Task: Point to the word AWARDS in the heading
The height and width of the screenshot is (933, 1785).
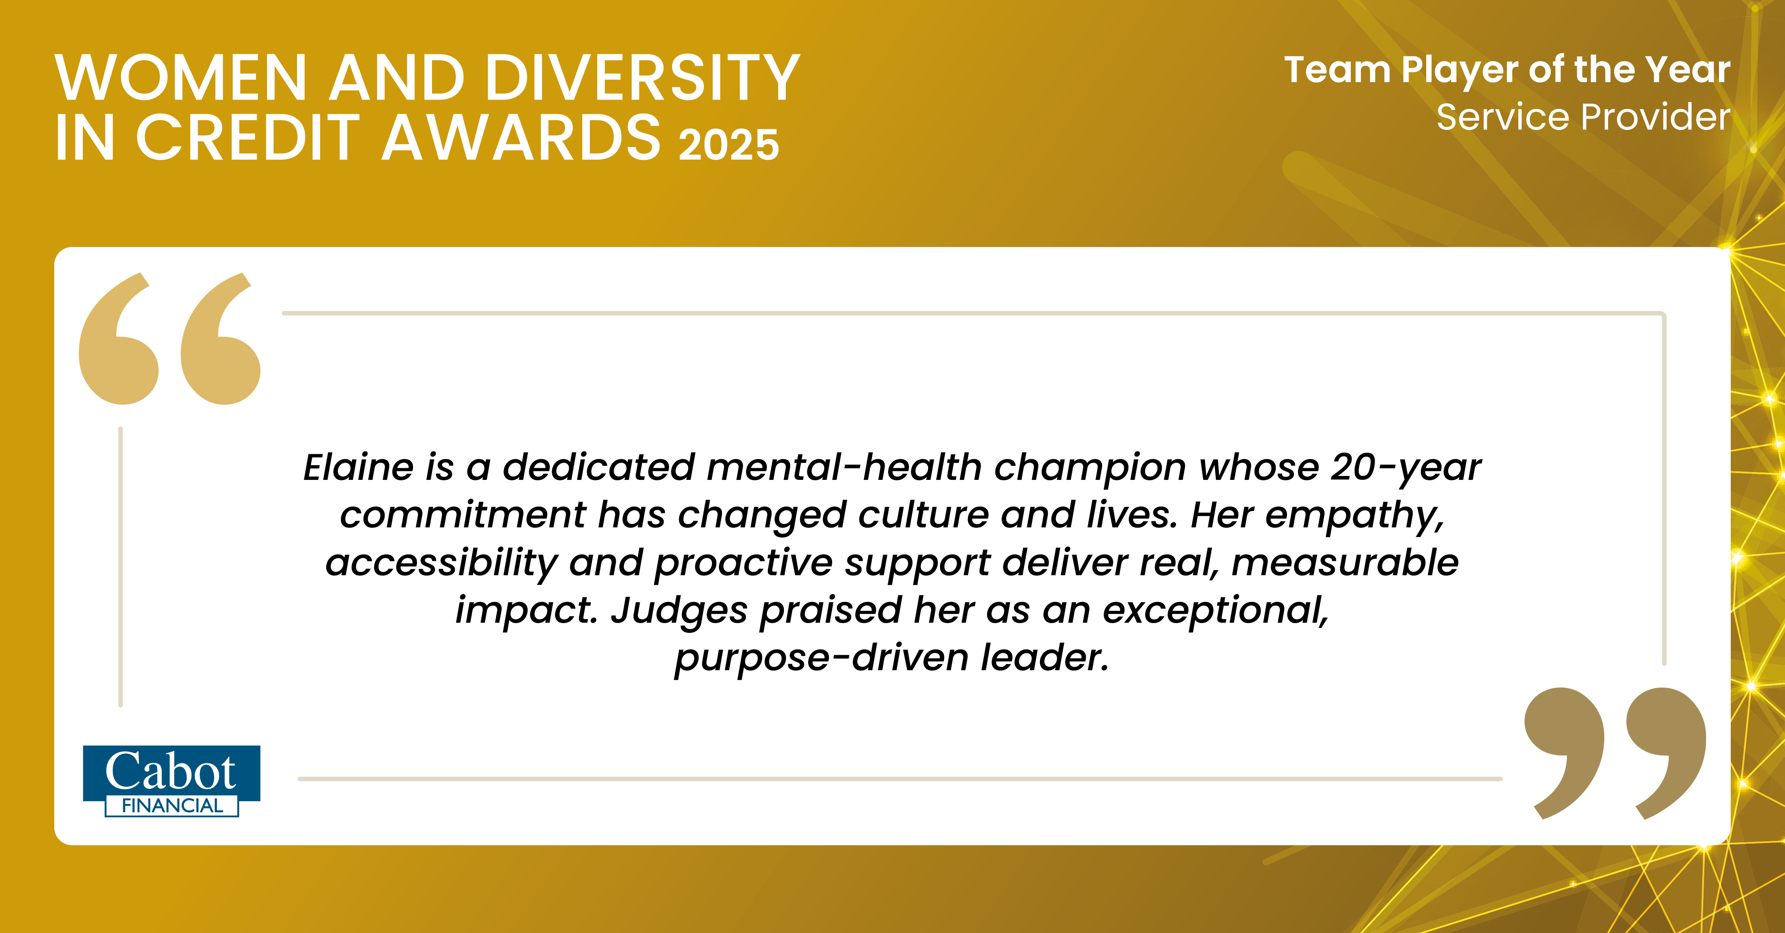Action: pyautogui.click(x=522, y=137)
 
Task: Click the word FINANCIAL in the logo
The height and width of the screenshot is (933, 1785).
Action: pyautogui.click(x=172, y=806)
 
